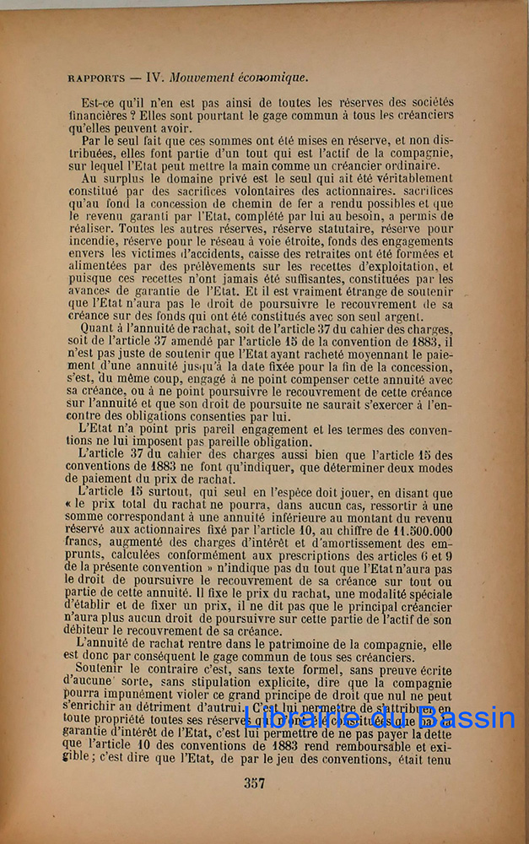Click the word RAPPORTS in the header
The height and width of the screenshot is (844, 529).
(x=96, y=78)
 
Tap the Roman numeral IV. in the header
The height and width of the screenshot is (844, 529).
(x=155, y=77)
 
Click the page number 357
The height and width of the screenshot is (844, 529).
(x=255, y=783)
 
